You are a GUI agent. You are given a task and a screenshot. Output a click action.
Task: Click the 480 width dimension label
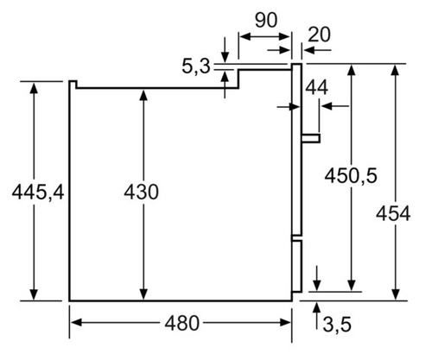point(181,323)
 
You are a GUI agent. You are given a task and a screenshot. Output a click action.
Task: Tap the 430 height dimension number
point(141,192)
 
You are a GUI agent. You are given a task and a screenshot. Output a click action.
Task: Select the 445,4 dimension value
point(38,192)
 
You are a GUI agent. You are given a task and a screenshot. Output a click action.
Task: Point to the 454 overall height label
point(393,214)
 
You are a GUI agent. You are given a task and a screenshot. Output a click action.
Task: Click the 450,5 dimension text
point(351,175)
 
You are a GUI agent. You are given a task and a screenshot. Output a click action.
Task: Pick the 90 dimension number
point(266,20)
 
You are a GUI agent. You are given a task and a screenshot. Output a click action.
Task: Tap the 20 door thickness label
point(319,35)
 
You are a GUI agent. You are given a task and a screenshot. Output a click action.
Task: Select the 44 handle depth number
point(316,88)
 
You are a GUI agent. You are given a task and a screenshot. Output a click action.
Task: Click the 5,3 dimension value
point(196,66)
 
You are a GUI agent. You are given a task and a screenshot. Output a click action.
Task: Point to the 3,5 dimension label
point(337,325)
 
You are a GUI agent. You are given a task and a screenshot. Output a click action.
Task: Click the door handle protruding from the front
point(311,138)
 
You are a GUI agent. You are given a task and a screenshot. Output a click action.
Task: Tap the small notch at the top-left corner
point(73,85)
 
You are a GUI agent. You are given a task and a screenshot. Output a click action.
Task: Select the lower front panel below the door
point(297,267)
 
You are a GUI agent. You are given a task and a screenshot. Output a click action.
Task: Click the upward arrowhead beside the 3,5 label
point(317,307)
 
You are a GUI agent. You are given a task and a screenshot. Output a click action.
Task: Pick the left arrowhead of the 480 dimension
point(76,323)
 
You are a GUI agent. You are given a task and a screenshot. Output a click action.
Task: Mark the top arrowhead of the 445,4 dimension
point(34,88)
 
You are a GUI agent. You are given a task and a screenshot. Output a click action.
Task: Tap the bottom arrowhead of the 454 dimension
point(396,294)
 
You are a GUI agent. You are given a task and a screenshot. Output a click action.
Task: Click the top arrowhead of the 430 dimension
point(143,95)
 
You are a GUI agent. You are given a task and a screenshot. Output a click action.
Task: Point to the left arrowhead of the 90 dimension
point(245,36)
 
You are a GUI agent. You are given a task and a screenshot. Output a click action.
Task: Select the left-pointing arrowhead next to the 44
point(327,106)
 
